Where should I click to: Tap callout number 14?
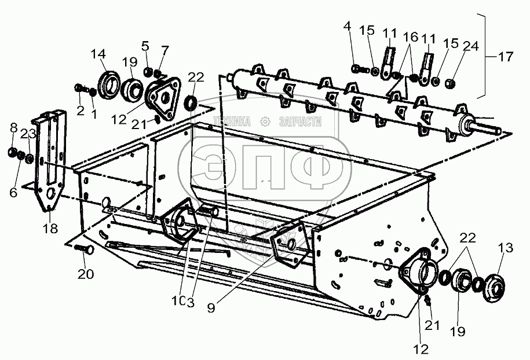pos(98,54)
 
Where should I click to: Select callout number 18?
pos(51,229)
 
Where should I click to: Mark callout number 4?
pos(347,26)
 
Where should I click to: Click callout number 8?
pos(13,127)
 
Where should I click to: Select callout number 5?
pos(145,45)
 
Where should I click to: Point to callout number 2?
pos(81,109)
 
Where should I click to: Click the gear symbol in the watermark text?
pos(265,122)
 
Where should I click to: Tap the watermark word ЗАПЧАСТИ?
pos(300,122)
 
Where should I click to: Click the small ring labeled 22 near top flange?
pos(191,103)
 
